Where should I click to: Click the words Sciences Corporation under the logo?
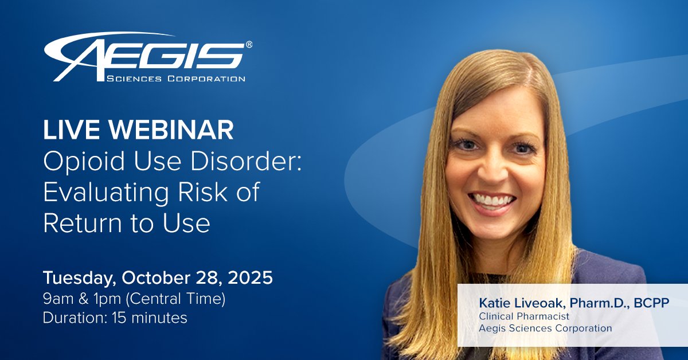click(176, 78)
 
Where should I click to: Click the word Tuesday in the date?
click(78, 279)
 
